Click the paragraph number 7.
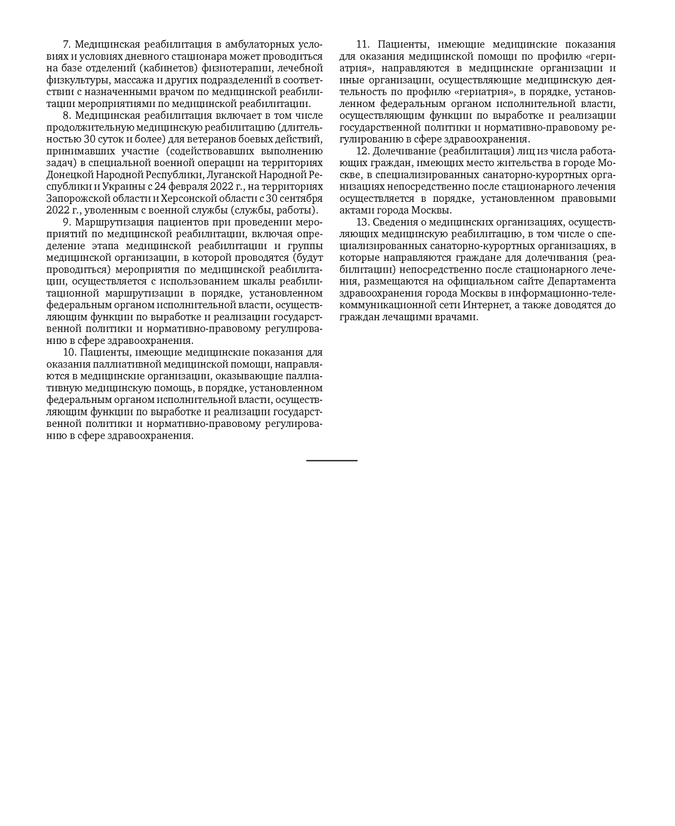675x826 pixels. [66, 45]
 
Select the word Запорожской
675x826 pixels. [75, 198]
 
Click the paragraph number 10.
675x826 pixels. [69, 353]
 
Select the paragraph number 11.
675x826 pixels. [362, 45]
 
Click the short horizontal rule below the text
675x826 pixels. [332, 460]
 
